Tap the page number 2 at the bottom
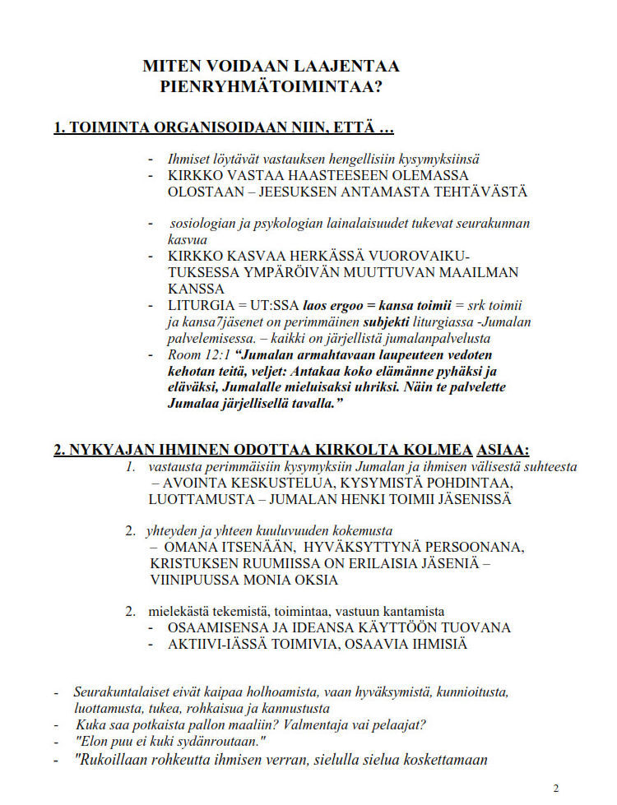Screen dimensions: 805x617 (x=556, y=789)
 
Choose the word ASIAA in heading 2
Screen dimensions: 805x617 (x=503, y=450)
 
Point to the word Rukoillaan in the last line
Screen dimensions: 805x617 (x=114, y=760)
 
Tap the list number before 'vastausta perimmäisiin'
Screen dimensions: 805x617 (x=130, y=466)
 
